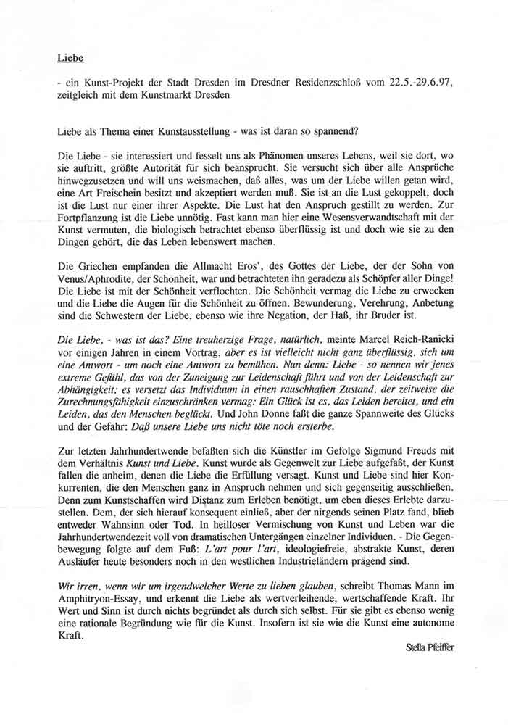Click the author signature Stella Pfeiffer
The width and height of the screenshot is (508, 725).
pyautogui.click(x=434, y=647)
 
